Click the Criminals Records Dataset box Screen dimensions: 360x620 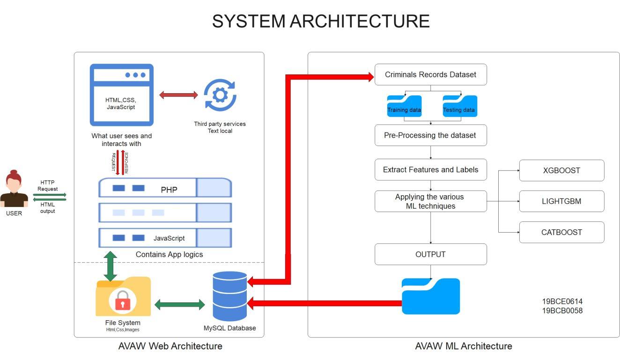(x=430, y=74)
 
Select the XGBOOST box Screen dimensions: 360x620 (x=561, y=170)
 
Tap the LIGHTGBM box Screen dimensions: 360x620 (x=561, y=201)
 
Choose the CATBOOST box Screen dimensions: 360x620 (x=561, y=232)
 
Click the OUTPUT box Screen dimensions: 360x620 (x=430, y=254)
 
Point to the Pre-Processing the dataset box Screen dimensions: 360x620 (x=430, y=135)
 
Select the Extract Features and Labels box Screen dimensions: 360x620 (x=430, y=169)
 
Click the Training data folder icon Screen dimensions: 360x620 (x=404, y=106)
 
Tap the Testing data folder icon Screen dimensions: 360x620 (x=459, y=106)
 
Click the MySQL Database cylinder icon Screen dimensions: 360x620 (x=229, y=296)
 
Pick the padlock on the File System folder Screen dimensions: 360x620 (x=123, y=301)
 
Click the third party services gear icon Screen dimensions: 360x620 (x=220, y=95)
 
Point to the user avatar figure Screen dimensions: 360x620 (x=14, y=189)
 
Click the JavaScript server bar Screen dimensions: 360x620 (x=165, y=238)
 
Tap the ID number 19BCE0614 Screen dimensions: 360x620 (x=562, y=301)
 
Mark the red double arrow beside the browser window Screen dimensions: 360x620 (x=178, y=95)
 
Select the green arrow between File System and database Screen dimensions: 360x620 (x=179, y=305)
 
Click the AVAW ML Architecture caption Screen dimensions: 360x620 (x=463, y=346)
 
